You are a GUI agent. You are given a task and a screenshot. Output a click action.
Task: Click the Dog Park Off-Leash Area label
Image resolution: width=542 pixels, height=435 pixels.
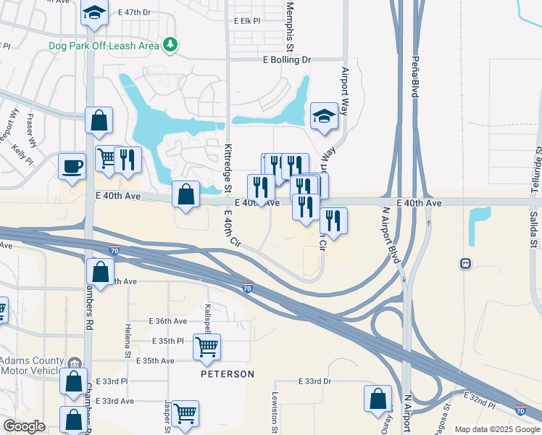tap(104, 46)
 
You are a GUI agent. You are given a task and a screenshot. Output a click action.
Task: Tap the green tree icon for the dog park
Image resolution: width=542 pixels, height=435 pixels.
tap(170, 45)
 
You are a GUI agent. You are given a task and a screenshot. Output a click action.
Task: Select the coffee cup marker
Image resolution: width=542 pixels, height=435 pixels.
tap(72, 166)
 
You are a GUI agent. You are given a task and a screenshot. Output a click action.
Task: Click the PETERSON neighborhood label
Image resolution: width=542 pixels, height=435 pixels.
tap(228, 374)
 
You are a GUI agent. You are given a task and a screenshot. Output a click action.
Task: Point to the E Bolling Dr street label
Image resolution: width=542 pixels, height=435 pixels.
tap(286, 59)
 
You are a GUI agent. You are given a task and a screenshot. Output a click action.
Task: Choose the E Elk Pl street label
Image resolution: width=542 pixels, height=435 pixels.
tap(247, 21)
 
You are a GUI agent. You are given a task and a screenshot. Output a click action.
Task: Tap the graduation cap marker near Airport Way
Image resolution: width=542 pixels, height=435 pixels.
tap(324, 116)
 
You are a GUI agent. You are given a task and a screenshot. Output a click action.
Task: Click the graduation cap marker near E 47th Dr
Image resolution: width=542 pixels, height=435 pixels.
tap(94, 14)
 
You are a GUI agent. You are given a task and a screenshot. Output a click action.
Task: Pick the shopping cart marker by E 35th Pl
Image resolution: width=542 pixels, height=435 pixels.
tap(207, 347)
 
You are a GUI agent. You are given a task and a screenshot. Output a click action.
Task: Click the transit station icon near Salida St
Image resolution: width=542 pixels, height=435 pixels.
tap(465, 264)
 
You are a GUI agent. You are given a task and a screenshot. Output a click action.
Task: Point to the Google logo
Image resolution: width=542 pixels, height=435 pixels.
tap(24, 426)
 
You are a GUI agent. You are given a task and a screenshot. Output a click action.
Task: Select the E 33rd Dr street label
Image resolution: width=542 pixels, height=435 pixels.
tap(314, 381)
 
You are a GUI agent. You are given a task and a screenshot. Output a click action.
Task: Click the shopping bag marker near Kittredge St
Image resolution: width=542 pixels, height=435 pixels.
tap(186, 194)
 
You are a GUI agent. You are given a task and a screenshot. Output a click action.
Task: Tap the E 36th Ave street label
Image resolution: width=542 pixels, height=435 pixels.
tap(168, 320)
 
